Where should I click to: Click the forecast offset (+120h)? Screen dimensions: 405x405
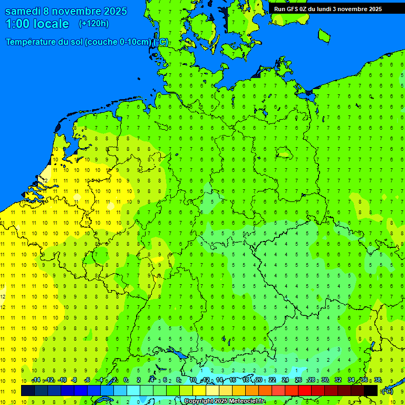[93, 24]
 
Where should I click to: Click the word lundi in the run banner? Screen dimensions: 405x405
[325, 9]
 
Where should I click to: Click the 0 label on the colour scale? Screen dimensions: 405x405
[126, 380]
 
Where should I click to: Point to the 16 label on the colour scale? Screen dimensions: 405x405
[233, 380]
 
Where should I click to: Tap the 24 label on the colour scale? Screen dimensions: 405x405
[285, 380]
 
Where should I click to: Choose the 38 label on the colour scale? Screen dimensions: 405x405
[378, 380]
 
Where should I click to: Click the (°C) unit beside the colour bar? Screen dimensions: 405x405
[387, 391]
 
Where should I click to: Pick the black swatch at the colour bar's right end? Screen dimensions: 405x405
[371, 391]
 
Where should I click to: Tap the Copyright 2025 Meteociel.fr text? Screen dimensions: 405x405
[224, 401]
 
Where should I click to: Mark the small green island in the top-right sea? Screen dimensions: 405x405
[323, 35]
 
